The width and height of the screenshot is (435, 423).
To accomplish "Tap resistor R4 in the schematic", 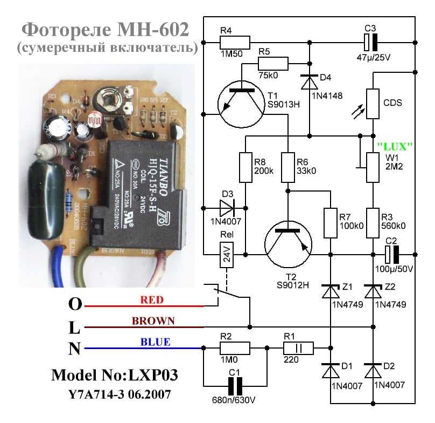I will coord(235,42).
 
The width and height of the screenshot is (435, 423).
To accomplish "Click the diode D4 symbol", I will coord(309,82).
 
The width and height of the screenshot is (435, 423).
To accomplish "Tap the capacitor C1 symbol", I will coord(235,386).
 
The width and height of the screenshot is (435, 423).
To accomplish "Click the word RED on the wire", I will coord(151,300).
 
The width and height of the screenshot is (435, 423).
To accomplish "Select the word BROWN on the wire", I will coord(154,321).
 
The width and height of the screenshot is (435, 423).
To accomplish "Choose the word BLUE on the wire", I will coord(155,342).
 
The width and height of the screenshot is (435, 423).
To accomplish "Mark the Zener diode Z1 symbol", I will coord(329,290).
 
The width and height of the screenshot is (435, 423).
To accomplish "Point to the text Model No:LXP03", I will coord(114,375).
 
